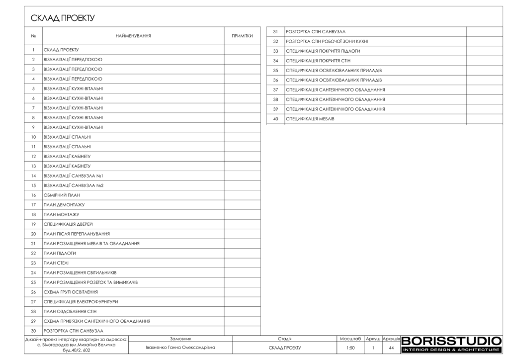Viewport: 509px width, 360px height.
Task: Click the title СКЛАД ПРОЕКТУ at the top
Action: (63, 18)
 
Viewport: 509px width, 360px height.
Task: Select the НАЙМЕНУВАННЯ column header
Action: (133, 36)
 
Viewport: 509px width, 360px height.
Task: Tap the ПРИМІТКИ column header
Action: (243, 36)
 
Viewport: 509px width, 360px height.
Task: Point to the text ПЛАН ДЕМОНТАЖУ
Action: (64, 205)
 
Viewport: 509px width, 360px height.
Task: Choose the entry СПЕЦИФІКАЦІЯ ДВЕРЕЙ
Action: (68, 224)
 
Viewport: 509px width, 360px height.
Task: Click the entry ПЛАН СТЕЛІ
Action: (56, 263)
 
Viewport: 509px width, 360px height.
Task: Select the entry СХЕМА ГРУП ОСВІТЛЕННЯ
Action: (71, 292)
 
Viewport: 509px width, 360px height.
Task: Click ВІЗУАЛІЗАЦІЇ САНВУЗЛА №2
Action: (74, 185)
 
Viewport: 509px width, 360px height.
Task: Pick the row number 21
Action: (33, 244)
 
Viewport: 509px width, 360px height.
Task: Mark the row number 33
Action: (275, 51)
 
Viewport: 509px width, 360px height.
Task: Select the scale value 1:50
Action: (350, 348)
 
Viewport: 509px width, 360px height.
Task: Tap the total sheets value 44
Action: (391, 348)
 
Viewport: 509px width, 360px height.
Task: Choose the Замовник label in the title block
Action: (180, 339)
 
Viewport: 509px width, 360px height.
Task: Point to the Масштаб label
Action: (350, 339)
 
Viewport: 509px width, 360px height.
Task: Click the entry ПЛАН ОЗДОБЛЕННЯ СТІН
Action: (70, 311)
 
